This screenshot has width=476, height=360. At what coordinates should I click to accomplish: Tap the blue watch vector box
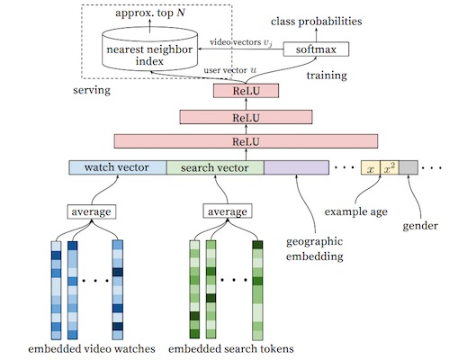pos(117,167)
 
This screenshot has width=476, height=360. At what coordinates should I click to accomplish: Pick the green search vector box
pos(214,167)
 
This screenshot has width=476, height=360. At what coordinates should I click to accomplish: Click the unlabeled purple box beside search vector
pos(296,167)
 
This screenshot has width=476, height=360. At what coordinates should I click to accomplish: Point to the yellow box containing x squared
pos(389,167)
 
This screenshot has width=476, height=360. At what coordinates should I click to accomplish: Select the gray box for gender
pos(409,167)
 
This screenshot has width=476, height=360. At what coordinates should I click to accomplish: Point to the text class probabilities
pos(323,19)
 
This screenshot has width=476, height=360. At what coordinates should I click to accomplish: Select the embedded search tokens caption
pos(231,347)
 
